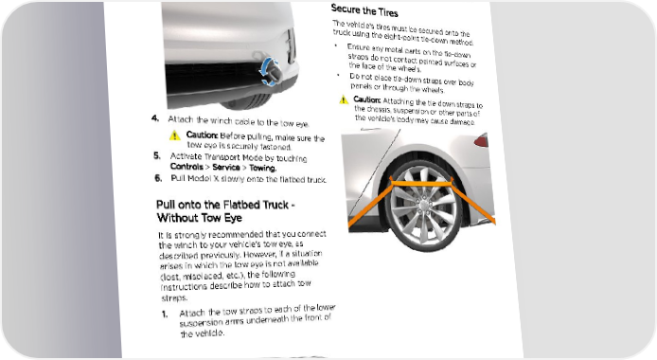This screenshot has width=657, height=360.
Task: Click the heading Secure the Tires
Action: pos(364,10)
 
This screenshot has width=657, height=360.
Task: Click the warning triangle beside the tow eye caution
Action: pos(175,135)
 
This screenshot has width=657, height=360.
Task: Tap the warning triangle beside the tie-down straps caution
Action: pos(344,99)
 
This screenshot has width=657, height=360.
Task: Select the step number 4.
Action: pos(155,118)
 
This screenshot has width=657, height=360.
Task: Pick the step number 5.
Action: pos(157,156)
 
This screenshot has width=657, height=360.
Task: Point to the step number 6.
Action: pos(158,178)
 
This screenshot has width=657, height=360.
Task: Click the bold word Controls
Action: pos(186,167)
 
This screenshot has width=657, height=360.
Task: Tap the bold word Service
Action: pos(226,168)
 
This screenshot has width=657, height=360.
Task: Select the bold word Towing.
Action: pos(263,168)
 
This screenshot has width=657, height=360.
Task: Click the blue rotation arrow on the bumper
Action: pos(268,72)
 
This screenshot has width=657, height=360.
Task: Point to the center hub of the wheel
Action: pos(423,204)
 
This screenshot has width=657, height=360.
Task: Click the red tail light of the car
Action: pos(482,140)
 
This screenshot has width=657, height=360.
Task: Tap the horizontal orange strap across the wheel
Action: pos(421,183)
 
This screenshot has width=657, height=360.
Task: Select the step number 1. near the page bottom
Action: pos(165,314)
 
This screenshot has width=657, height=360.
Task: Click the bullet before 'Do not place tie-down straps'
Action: pos(339,75)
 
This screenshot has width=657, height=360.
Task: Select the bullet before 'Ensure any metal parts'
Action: pos(336,45)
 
